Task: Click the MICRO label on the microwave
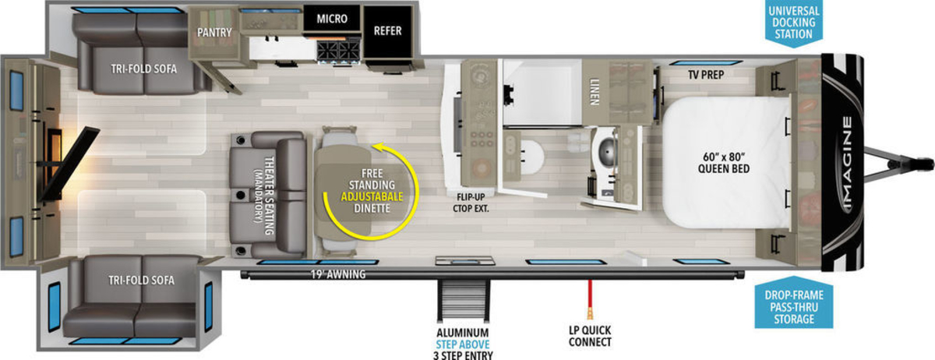(332, 19)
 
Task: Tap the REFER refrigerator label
(387, 31)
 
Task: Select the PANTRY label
(214, 33)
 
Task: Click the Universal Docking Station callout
(793, 23)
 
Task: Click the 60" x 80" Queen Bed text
(724, 163)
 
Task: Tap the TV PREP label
(706, 75)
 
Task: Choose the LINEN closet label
(595, 91)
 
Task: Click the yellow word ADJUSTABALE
(372, 196)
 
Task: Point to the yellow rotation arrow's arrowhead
(378, 146)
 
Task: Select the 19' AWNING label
(338, 274)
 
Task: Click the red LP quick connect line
(590, 295)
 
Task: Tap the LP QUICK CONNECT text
(590, 336)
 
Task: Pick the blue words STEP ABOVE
(463, 344)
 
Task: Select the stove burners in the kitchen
(338, 51)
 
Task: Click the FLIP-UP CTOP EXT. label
(471, 203)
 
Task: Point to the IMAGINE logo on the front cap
(847, 164)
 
